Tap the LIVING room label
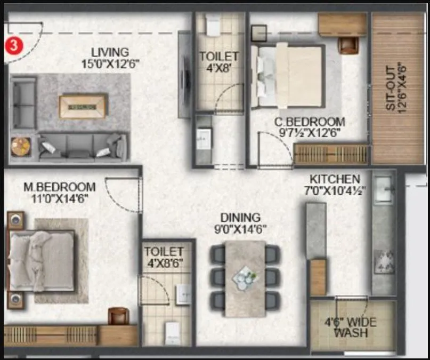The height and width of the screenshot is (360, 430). (109, 52)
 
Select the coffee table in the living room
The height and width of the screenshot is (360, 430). (83, 106)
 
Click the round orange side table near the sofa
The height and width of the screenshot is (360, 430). (21, 146)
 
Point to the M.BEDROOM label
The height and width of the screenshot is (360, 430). (60, 187)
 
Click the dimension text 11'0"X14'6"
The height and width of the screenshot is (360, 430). (60, 198)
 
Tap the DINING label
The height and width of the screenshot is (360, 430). (241, 218)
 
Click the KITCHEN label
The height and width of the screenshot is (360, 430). (335, 179)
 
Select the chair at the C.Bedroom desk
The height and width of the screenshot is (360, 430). (348, 45)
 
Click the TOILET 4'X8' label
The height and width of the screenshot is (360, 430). (218, 61)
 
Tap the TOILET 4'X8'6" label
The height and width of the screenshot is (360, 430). (164, 257)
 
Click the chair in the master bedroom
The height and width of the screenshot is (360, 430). (118, 316)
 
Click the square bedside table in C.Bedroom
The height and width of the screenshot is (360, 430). (259, 33)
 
